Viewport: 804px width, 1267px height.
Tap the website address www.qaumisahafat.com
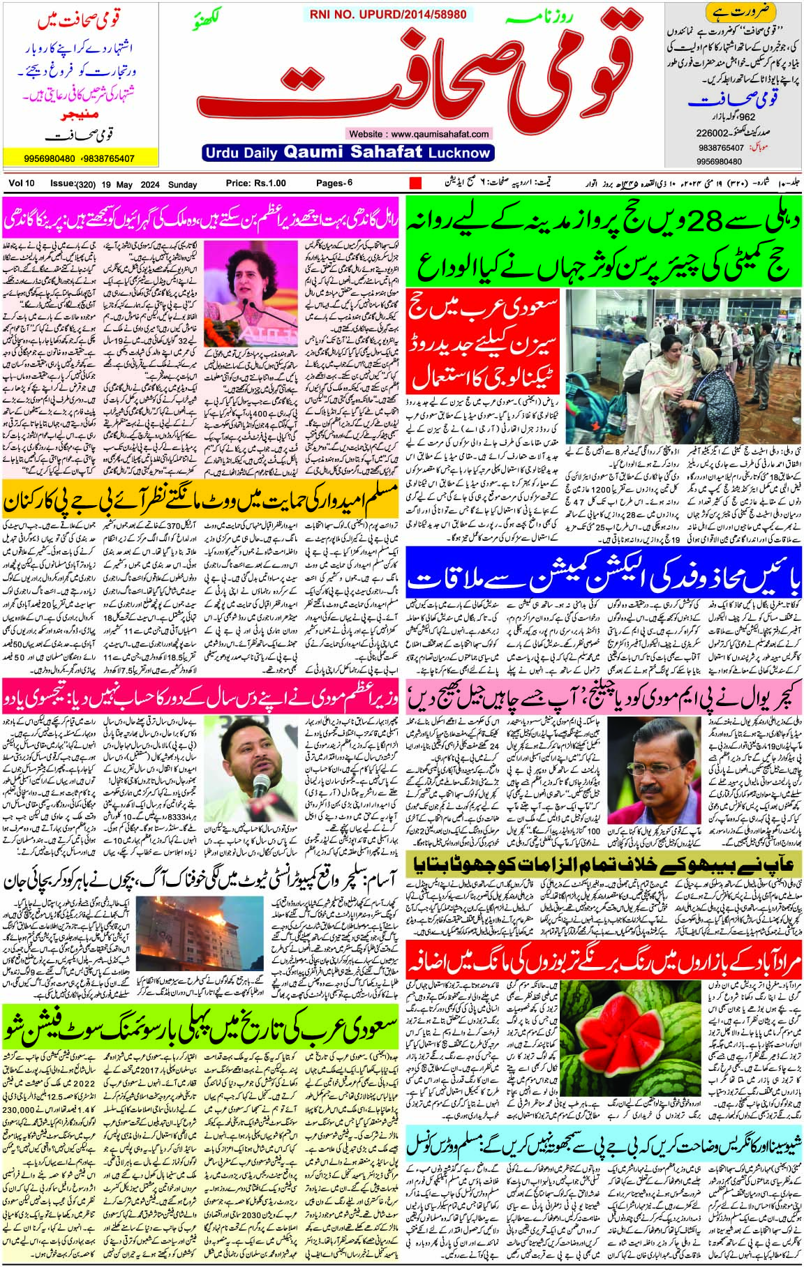pos(417,133)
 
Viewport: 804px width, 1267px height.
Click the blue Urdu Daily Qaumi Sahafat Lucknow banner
pos(348,152)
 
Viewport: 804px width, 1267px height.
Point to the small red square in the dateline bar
pos(415,183)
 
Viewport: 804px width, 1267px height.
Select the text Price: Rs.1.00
pos(255,183)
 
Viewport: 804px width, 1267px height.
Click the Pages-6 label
pos(334,183)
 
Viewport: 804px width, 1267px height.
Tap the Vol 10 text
pos(22,183)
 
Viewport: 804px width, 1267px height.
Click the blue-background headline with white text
pos(603,578)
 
